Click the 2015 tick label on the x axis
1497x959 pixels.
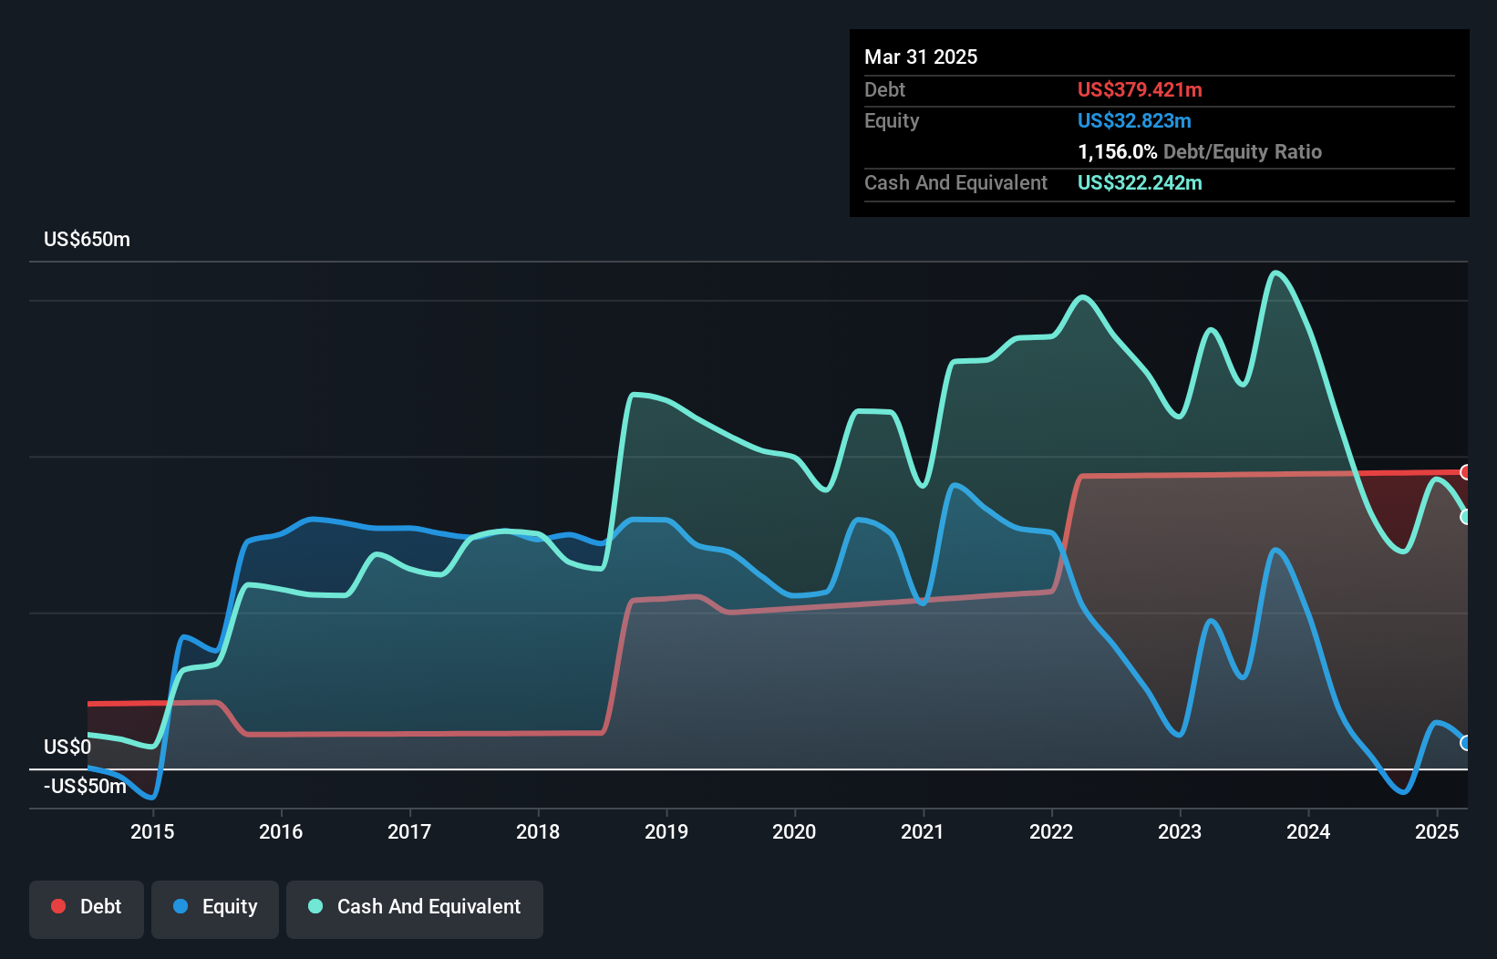click(152, 831)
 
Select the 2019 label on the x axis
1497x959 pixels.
click(666, 831)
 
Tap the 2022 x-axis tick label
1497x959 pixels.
click(1051, 831)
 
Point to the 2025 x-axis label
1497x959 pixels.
click(1437, 831)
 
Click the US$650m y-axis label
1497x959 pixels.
click(87, 240)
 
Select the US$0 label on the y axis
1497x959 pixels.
click(67, 748)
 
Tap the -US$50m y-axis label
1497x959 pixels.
click(85, 787)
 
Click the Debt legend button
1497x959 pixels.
click(87, 907)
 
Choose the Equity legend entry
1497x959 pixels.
click(215, 907)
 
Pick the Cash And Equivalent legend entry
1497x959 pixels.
click(415, 907)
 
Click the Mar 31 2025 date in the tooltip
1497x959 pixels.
click(921, 57)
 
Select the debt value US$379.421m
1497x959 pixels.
click(1140, 90)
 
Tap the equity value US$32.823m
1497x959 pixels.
click(1134, 121)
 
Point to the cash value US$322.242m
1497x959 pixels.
click(1140, 183)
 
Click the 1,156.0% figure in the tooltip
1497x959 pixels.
click(1117, 152)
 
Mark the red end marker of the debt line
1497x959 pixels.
click(1466, 472)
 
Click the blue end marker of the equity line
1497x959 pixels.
click(1466, 743)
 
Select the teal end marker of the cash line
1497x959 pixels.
click(1466, 517)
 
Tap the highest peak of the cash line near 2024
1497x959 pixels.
click(1275, 273)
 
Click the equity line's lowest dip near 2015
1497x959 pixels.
click(151, 798)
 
